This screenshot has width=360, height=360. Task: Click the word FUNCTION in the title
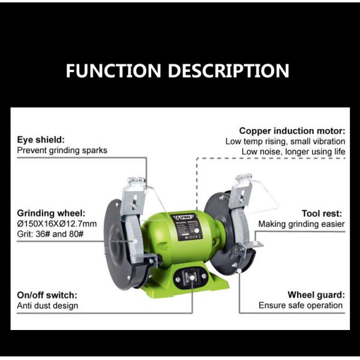click(113, 70)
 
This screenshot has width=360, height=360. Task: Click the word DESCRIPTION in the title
click(229, 70)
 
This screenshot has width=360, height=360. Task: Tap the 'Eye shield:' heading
click(41, 140)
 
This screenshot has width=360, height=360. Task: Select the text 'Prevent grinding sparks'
click(62, 151)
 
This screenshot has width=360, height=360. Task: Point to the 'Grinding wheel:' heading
click(51, 213)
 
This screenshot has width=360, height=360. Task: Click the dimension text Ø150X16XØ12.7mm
click(57, 224)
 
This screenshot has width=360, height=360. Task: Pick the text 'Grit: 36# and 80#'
click(50, 234)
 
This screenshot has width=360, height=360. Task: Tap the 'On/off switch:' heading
click(47, 295)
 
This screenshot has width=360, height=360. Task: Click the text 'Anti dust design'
click(47, 305)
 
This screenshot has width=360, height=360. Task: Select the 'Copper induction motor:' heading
click(292, 131)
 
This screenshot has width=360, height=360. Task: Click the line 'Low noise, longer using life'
click(293, 152)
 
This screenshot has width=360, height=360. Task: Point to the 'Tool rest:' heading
click(322, 214)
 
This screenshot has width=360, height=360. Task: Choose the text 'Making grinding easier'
click(301, 224)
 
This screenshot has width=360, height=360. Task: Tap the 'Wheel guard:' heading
click(316, 295)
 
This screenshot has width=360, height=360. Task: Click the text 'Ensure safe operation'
click(301, 305)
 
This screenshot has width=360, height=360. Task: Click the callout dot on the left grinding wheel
click(135, 241)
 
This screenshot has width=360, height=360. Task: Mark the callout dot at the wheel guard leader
click(239, 271)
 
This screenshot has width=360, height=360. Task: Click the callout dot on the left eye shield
click(146, 190)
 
